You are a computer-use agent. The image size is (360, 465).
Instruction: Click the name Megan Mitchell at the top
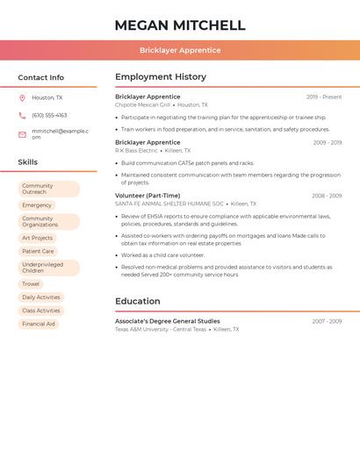(x=180, y=25)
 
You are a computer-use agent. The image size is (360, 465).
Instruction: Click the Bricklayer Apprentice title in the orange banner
(x=180, y=50)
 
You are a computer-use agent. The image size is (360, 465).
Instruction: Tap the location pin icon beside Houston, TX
(x=22, y=98)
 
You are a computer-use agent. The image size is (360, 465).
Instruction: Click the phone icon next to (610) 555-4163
(x=22, y=115)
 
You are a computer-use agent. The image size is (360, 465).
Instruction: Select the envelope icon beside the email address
(x=22, y=134)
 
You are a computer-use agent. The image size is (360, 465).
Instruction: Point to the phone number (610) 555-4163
(x=49, y=115)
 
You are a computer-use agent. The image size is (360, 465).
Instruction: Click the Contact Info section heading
(x=40, y=77)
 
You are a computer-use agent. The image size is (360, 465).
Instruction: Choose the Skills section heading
(x=27, y=161)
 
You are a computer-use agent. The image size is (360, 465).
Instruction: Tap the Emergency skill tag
(x=37, y=205)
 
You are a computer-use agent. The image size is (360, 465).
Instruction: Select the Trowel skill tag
(x=31, y=284)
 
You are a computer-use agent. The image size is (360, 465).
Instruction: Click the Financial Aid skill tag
(x=39, y=324)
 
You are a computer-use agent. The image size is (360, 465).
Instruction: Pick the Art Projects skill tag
(x=38, y=238)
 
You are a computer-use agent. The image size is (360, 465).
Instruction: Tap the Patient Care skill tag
(x=38, y=251)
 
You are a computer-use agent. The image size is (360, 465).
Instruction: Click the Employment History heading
(x=161, y=76)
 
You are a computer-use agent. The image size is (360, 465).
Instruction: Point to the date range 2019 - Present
(x=324, y=97)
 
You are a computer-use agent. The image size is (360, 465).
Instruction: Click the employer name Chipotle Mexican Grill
(x=143, y=104)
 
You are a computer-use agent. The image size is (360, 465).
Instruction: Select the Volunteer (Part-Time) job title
(x=148, y=196)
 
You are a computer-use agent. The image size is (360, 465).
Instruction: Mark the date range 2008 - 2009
(x=327, y=196)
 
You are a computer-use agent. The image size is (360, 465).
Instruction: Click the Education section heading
(x=138, y=301)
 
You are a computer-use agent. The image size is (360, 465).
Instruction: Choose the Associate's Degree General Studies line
(x=168, y=321)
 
